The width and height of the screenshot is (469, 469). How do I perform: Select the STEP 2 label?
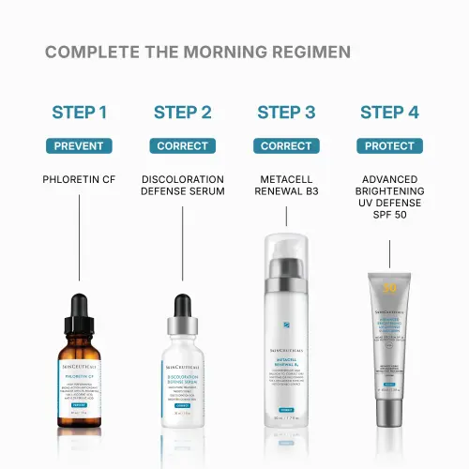(x=182, y=113)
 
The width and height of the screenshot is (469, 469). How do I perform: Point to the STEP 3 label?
(x=286, y=113)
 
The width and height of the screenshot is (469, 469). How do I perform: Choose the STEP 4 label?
(x=390, y=113)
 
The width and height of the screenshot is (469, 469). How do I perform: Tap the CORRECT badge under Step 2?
(x=182, y=146)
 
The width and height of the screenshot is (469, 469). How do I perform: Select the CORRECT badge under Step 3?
(x=286, y=146)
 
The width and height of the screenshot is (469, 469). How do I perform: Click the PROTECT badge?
(x=390, y=146)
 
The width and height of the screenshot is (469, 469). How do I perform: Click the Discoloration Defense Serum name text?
(x=182, y=185)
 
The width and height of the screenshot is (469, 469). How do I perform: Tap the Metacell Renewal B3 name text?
(x=286, y=185)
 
